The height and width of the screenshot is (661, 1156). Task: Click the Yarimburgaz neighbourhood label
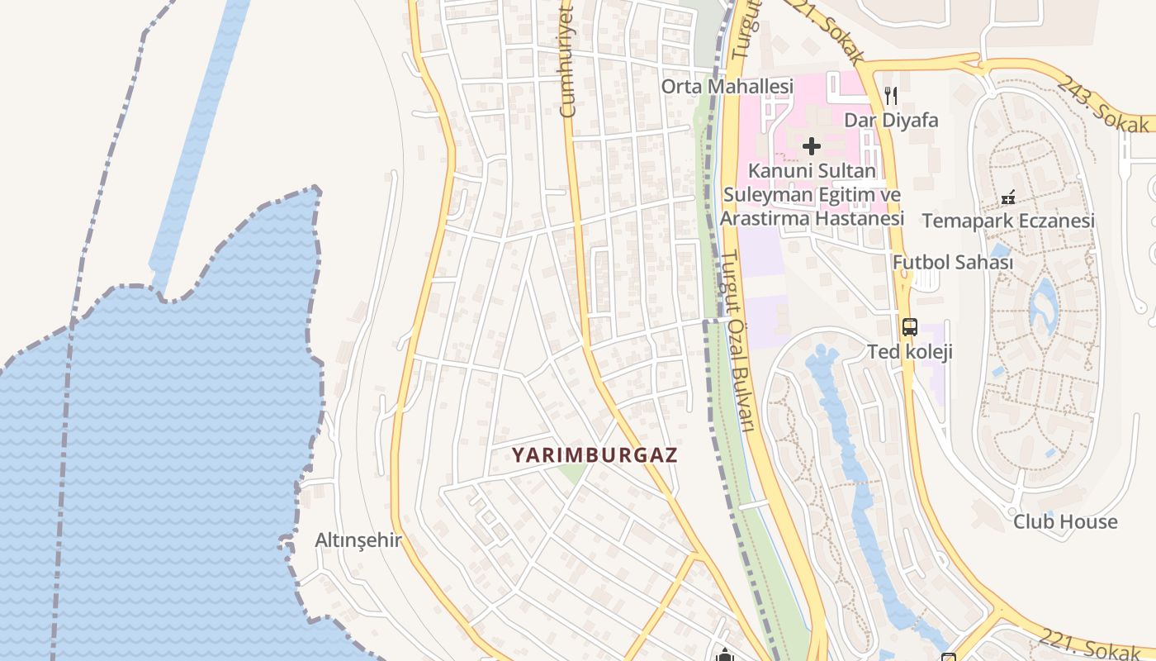595,454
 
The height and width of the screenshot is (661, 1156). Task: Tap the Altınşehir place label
358,540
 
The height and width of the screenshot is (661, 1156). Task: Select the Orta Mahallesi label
727,86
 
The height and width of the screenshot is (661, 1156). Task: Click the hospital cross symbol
812,146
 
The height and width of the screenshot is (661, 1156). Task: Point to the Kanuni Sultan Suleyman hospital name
813,195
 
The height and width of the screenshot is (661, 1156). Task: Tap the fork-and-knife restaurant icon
890,96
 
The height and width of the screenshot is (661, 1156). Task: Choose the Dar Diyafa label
891,121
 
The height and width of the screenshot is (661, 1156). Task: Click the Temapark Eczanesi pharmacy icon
1007,197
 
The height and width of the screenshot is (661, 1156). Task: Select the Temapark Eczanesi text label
1008,221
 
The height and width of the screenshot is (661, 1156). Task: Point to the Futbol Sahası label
952,262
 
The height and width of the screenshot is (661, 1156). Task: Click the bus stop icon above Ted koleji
909,327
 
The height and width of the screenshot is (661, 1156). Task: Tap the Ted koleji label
909,352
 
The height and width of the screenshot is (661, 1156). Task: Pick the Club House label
1065,521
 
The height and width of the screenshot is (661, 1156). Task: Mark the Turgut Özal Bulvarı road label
738,339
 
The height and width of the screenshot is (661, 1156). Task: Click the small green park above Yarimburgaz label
571,473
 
